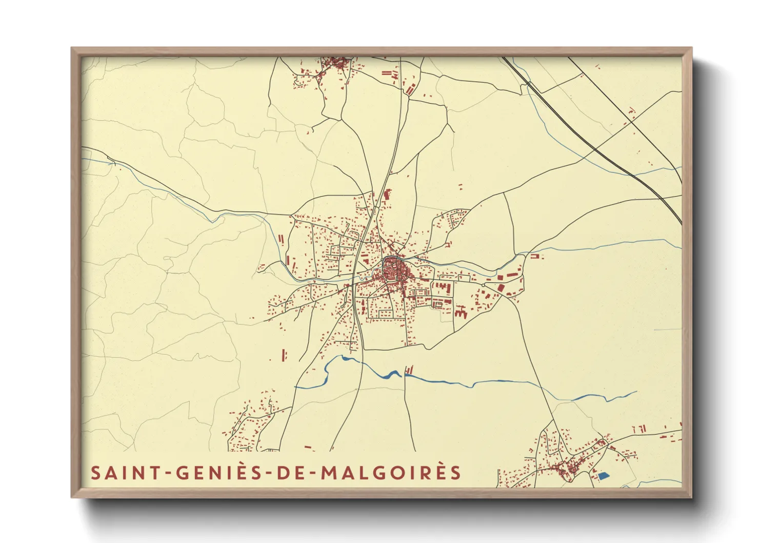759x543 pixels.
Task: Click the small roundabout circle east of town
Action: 483,285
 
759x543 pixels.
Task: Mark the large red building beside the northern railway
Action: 387,195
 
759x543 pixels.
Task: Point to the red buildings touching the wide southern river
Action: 409,370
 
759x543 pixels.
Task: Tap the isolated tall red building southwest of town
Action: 284,354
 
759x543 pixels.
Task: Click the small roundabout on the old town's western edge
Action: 384,266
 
